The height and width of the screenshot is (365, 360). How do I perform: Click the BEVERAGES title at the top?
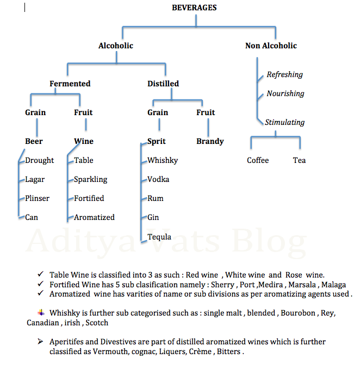(194, 8)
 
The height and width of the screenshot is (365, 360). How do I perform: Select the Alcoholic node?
(116, 46)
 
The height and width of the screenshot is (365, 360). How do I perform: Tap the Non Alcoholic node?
(271, 46)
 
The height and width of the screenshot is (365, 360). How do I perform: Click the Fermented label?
(70, 84)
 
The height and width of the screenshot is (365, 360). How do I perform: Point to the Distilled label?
(163, 84)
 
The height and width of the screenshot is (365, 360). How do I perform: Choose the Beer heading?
(34, 141)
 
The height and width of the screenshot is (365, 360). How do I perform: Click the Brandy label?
(210, 141)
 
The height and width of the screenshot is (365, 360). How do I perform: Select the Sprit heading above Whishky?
(157, 141)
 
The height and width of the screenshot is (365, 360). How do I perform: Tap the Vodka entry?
(158, 179)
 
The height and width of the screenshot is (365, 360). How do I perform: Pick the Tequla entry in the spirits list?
(159, 237)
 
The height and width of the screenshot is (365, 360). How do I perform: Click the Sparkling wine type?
(91, 179)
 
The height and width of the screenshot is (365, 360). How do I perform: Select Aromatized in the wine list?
(95, 217)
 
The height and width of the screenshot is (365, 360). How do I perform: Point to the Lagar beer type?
(35, 179)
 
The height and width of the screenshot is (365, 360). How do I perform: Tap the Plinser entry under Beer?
(38, 198)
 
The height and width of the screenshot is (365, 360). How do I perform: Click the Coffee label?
(258, 160)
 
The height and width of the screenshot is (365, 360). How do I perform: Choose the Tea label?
(299, 160)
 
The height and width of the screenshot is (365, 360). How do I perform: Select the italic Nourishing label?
(285, 93)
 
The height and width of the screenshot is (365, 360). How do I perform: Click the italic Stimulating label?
(284, 122)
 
